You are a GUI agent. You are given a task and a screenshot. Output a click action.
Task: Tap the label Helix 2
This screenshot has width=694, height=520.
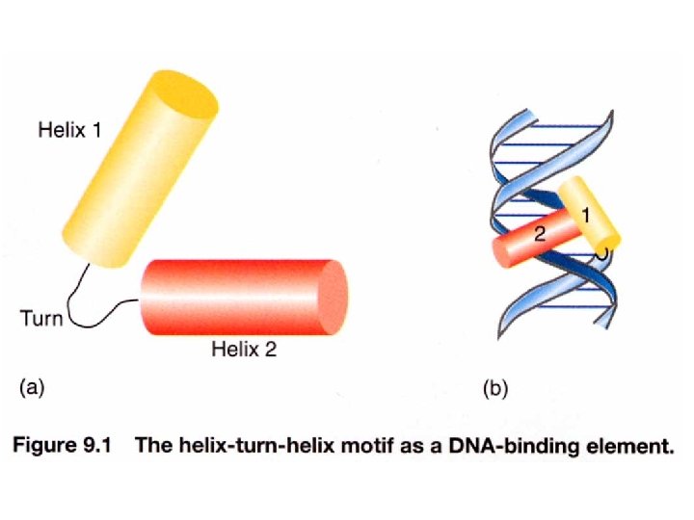coord(243,350)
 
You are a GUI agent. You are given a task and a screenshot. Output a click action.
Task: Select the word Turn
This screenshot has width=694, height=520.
coord(40,318)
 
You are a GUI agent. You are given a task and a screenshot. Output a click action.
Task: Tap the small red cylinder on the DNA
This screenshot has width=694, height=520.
coord(525,245)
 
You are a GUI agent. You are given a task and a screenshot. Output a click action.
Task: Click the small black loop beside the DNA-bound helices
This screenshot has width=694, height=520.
coord(602,254)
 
